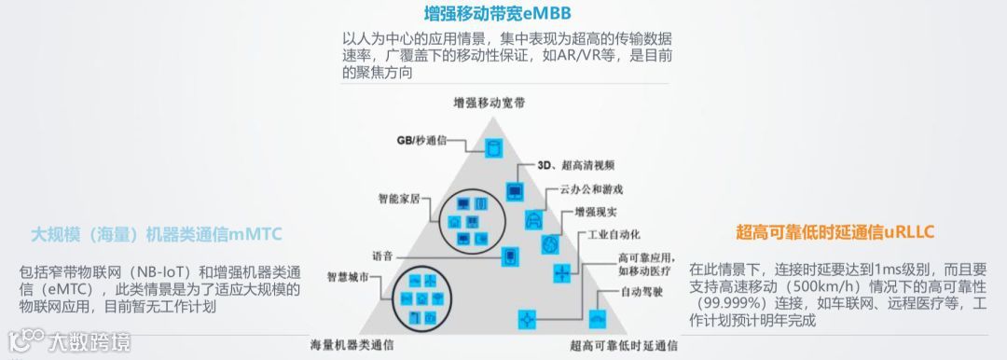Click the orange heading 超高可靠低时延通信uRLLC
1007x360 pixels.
click(x=835, y=230)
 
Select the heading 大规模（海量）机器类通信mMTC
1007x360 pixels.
click(x=158, y=233)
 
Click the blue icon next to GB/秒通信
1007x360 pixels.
click(x=494, y=147)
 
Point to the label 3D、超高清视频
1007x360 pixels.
click(x=576, y=165)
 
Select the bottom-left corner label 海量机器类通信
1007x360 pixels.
click(x=352, y=345)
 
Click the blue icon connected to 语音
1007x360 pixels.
click(x=508, y=256)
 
